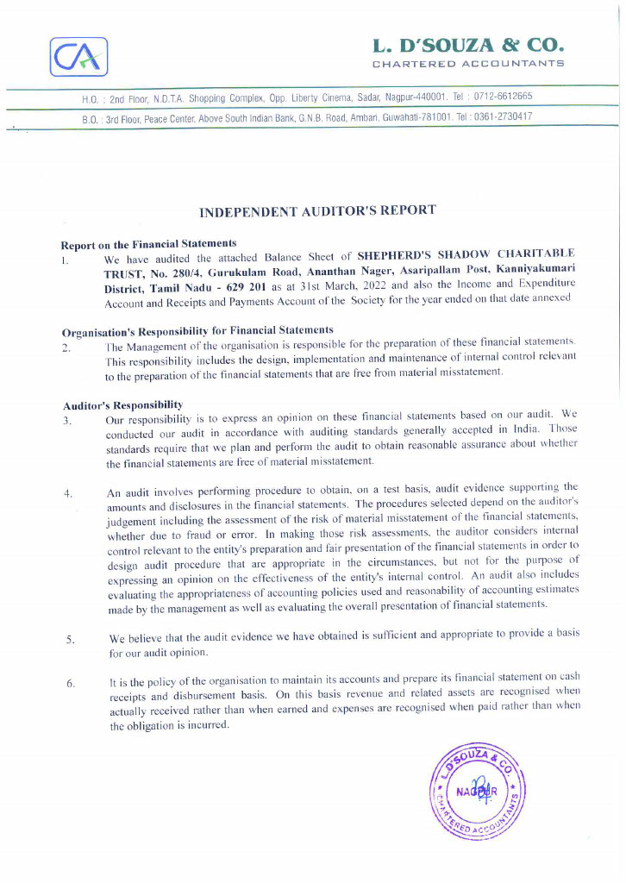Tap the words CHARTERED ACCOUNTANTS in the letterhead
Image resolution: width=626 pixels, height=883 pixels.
tap(468, 64)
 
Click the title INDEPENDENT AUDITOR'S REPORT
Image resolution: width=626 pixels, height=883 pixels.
tap(317, 210)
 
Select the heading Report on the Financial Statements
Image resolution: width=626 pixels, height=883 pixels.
tap(148, 244)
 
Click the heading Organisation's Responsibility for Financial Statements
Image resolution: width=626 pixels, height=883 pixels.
tap(197, 331)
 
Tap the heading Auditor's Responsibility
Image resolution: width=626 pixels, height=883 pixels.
tap(122, 404)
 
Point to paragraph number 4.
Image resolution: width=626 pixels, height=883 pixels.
tap(67, 494)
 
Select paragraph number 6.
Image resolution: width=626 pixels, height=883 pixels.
tap(70, 684)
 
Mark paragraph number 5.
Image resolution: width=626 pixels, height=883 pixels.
tap(70, 639)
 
